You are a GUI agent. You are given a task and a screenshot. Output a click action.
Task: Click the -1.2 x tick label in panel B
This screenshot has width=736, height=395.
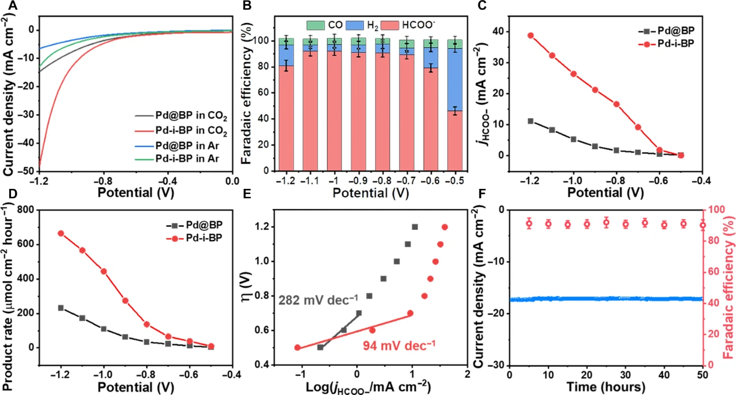[286, 180]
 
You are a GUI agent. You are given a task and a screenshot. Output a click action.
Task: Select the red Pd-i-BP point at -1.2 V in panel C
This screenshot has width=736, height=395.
[531, 35]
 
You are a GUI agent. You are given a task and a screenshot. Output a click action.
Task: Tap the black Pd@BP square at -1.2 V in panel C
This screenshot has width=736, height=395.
[531, 121]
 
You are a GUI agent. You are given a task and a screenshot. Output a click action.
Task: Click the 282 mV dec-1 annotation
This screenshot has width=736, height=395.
[318, 299]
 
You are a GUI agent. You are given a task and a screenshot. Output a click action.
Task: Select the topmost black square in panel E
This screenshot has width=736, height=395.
[415, 227]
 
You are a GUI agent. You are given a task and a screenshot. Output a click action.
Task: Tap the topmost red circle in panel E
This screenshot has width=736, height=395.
[444, 227]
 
